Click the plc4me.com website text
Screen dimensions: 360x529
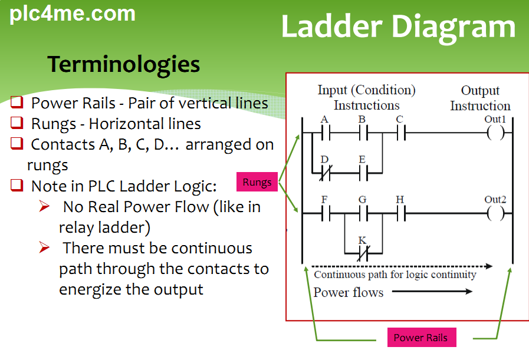(x=73, y=14)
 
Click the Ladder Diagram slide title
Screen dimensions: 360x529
(x=398, y=27)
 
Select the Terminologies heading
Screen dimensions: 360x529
(x=123, y=64)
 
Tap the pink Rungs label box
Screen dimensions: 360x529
(x=257, y=182)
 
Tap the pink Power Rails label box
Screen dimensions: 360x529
(x=420, y=338)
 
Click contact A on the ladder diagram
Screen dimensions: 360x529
(x=325, y=133)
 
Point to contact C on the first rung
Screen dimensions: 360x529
(x=400, y=133)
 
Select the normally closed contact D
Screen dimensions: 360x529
(x=325, y=173)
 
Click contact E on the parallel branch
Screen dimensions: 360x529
(x=362, y=173)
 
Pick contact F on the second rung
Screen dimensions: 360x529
(x=325, y=214)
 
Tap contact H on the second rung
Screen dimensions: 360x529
(x=400, y=214)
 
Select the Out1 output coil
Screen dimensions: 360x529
(x=495, y=133)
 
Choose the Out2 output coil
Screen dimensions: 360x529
(x=495, y=214)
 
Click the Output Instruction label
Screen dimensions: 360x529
(x=480, y=98)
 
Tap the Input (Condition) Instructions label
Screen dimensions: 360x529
(x=366, y=97)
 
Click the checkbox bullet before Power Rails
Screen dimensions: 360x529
(x=17, y=103)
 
